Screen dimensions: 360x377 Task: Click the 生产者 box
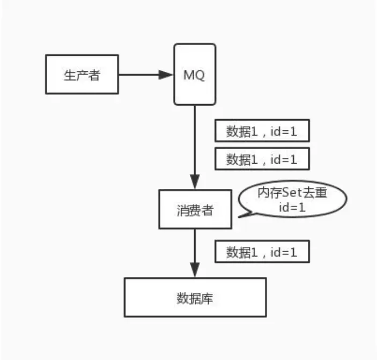(x=82, y=75)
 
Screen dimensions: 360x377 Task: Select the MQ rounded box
(x=195, y=75)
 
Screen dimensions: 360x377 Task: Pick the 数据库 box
(x=195, y=297)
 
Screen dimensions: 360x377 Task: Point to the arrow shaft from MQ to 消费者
(x=195, y=139)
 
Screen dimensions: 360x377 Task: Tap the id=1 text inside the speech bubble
(x=292, y=208)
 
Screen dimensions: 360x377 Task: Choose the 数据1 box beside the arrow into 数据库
(x=262, y=251)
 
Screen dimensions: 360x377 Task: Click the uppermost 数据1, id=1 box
(x=262, y=130)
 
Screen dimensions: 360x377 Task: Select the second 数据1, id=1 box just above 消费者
(x=262, y=159)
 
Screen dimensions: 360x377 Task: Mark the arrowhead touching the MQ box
(x=166, y=75)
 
